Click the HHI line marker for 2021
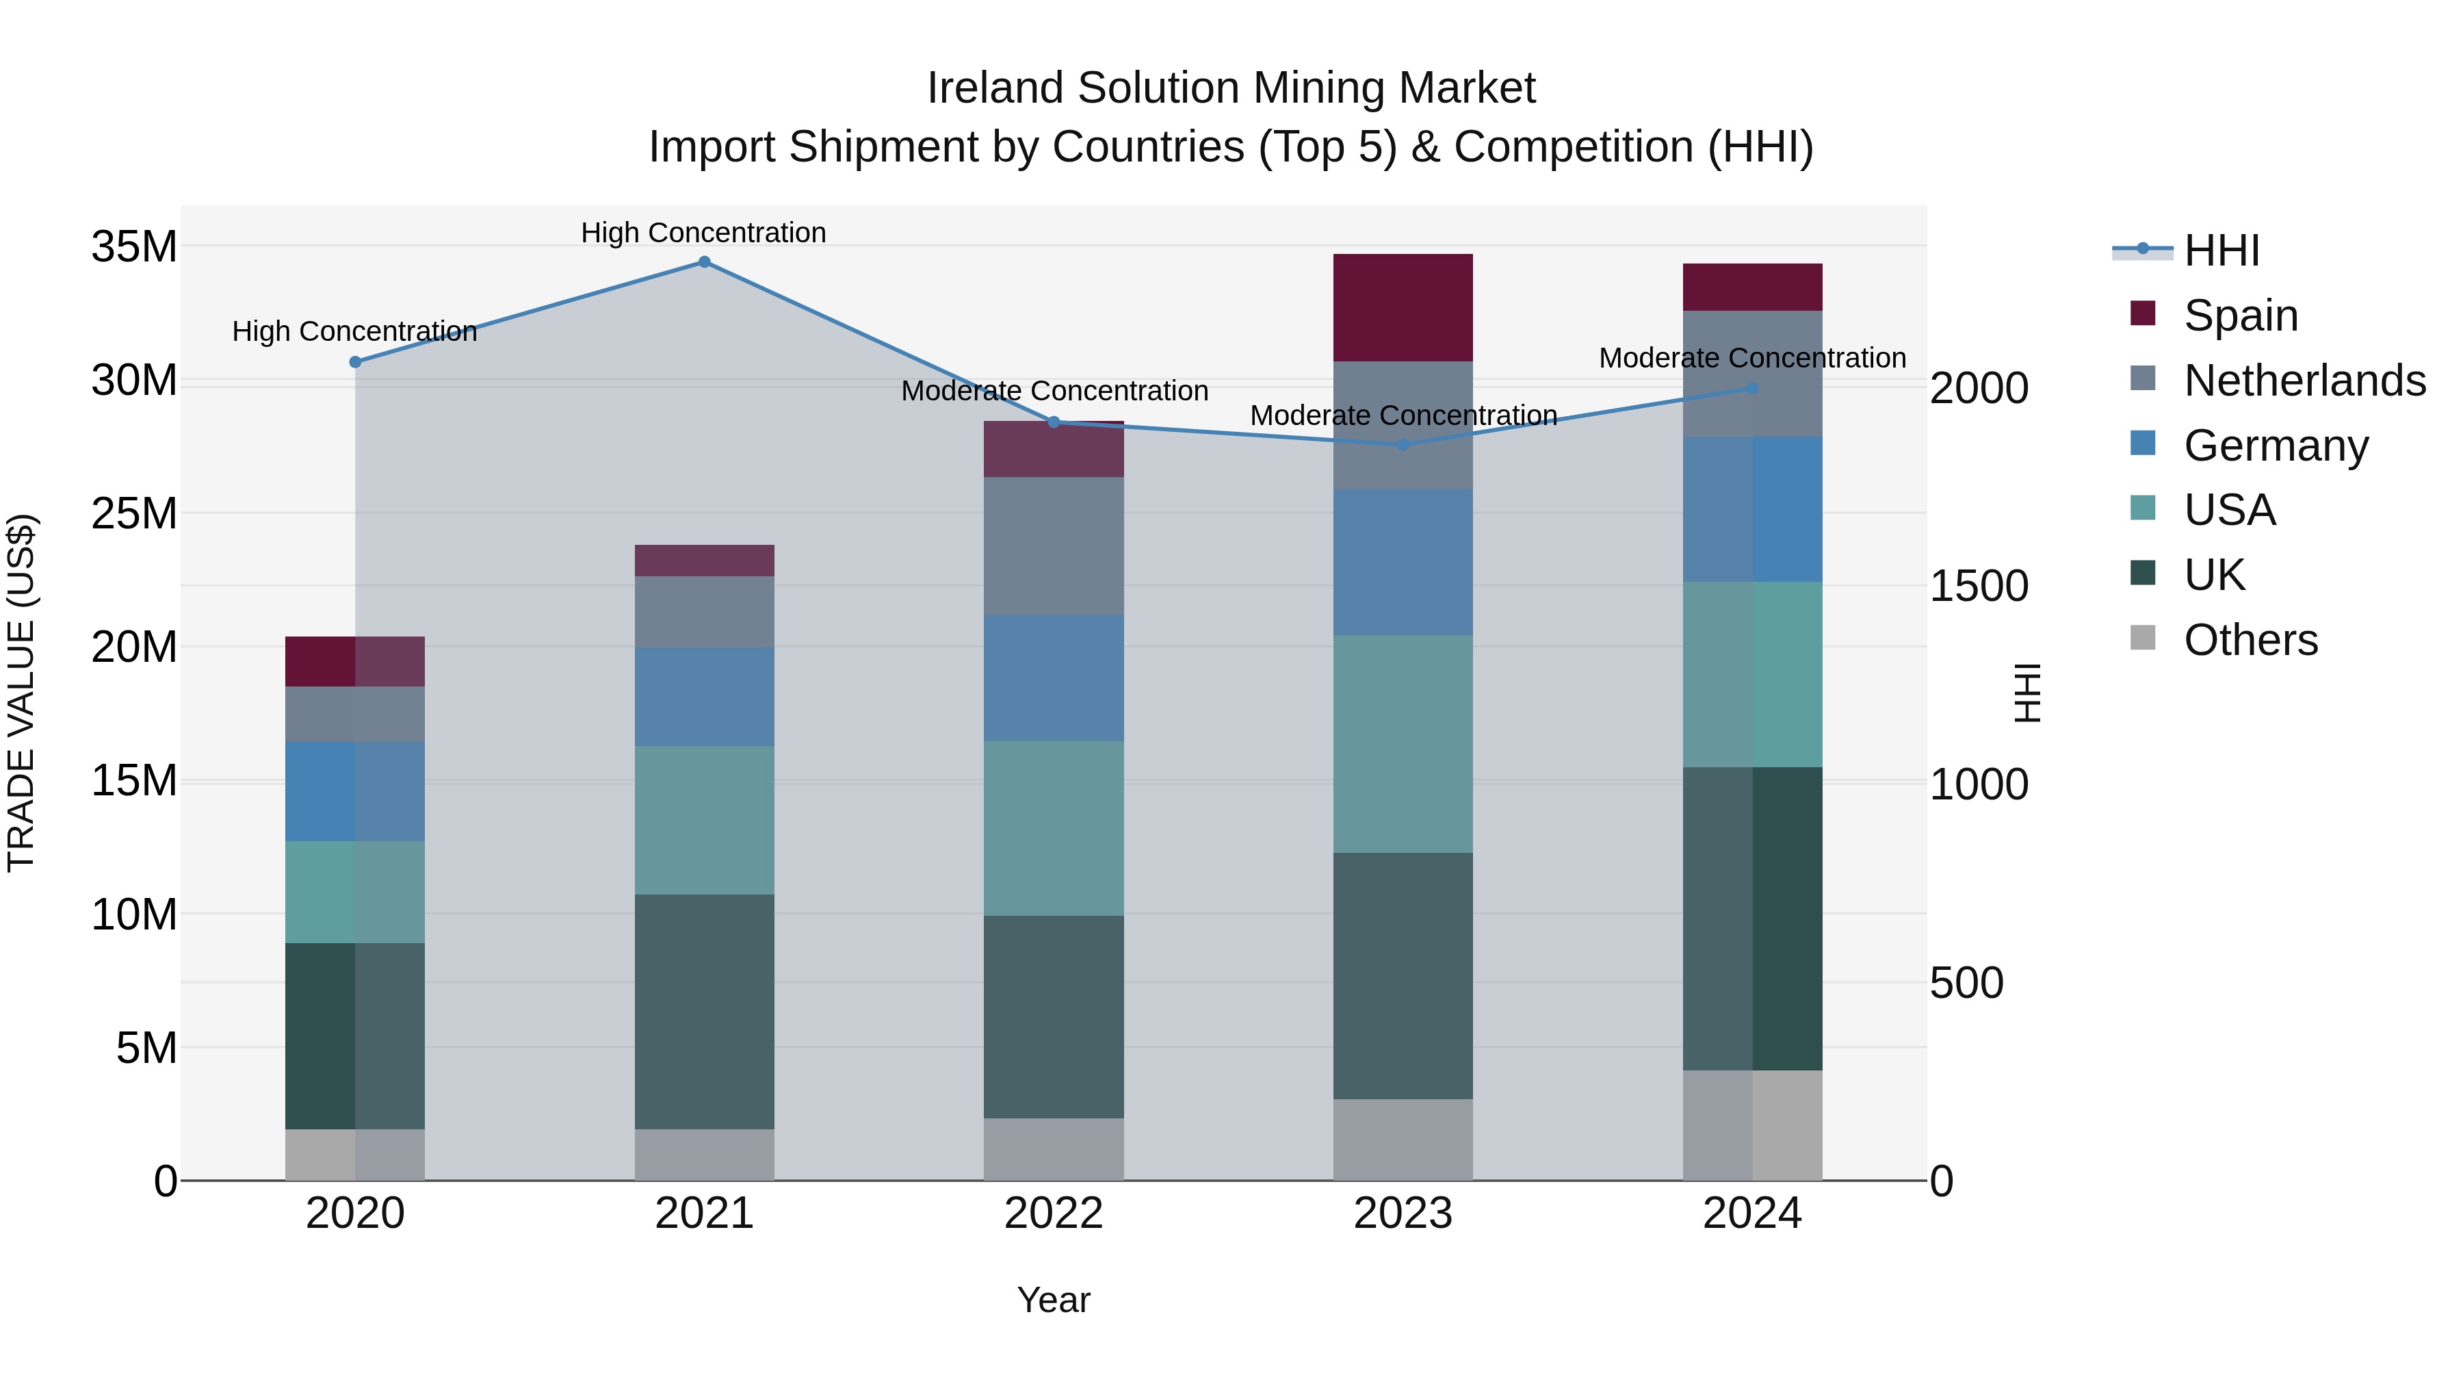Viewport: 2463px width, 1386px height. pos(704,262)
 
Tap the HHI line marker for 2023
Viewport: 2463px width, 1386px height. pos(1403,445)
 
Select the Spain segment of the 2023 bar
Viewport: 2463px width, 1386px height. pos(1403,307)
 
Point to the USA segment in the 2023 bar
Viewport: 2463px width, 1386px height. pos(1403,743)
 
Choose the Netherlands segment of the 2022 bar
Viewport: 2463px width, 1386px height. pos(1054,546)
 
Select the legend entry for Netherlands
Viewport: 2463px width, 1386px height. pos(2304,381)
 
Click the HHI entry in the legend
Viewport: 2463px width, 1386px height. pos(2221,251)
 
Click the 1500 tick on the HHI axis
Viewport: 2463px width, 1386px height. pos(1978,587)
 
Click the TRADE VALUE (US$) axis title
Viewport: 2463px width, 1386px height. pos(21,693)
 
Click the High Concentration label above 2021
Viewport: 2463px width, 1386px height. pos(704,233)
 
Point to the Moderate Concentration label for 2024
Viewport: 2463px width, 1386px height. pos(1751,358)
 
